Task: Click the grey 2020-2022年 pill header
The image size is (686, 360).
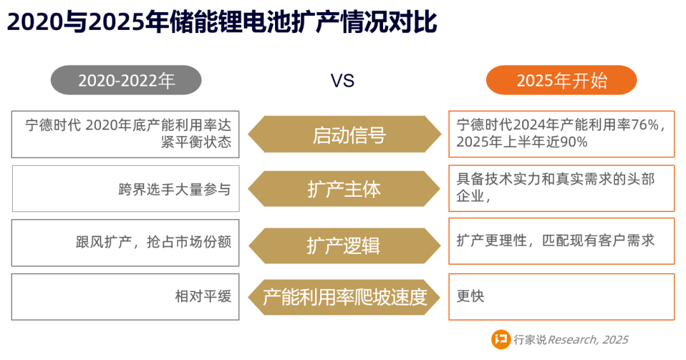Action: [x=126, y=80]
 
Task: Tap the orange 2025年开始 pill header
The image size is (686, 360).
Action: [x=562, y=80]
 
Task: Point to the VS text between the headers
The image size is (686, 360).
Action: [x=342, y=81]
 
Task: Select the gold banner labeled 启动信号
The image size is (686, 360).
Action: [x=344, y=135]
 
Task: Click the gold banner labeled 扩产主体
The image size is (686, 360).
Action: [x=344, y=189]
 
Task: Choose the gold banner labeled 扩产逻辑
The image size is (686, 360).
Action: [x=344, y=245]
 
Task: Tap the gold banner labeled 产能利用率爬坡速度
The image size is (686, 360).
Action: [x=344, y=297]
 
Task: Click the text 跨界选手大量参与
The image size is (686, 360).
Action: [x=175, y=189]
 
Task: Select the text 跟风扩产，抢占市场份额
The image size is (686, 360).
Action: [x=154, y=241]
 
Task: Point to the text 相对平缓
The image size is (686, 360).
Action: [x=203, y=296]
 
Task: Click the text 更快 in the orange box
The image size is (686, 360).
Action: [x=470, y=296]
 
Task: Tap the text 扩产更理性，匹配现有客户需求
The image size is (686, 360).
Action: [x=556, y=240]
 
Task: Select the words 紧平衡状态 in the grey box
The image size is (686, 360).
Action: [x=196, y=142]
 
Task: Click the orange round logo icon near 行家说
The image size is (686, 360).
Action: [x=501, y=340]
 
